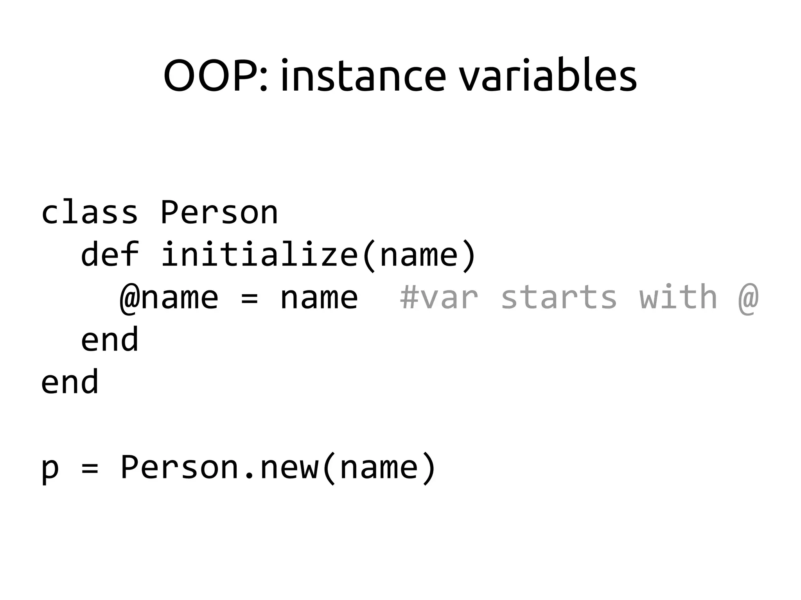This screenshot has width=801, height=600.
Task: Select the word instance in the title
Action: [x=363, y=76]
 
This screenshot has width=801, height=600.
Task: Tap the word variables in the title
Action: [x=548, y=76]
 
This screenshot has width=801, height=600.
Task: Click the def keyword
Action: [x=110, y=255]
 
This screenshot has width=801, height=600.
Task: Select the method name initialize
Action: [x=259, y=255]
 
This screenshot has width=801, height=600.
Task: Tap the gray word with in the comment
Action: [x=678, y=297]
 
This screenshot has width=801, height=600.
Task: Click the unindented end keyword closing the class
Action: [x=70, y=382]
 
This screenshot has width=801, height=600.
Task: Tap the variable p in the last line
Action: [x=50, y=468]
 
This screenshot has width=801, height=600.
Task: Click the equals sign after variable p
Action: [x=90, y=468]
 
